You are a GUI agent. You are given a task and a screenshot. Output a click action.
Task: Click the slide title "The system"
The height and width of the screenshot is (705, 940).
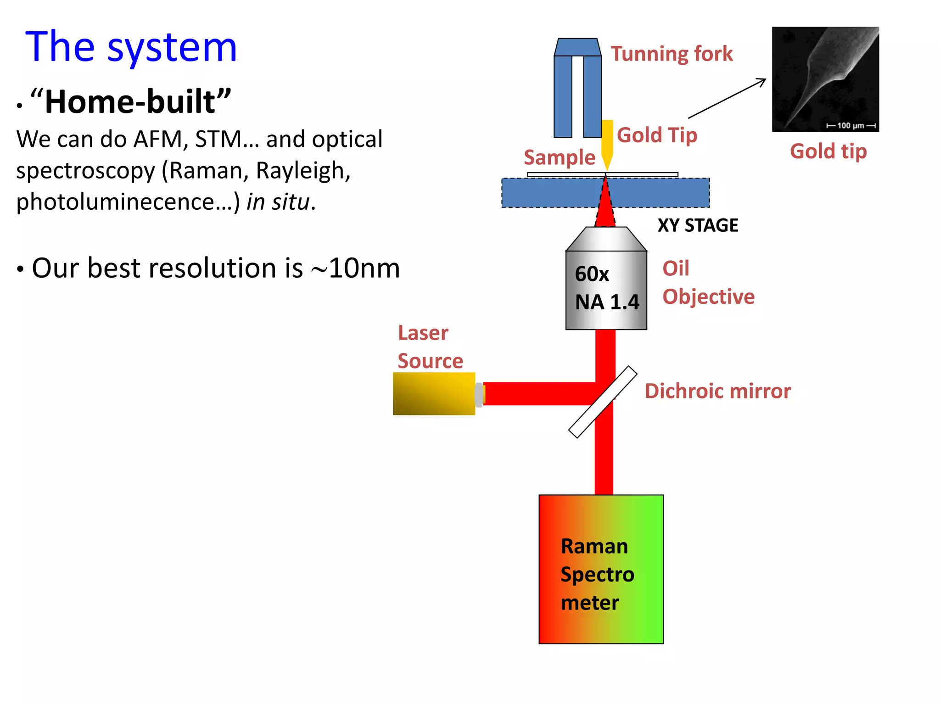(131, 47)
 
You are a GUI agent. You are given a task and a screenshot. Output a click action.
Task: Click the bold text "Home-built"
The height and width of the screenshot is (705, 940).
(130, 102)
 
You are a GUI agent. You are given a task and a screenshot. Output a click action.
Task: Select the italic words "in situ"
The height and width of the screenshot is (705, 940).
(277, 202)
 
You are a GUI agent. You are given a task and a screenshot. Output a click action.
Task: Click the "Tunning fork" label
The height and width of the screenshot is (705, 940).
(671, 54)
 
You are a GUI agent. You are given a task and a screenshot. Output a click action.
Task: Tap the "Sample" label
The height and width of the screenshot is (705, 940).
(559, 157)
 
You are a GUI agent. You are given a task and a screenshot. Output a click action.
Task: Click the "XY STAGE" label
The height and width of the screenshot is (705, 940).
(698, 225)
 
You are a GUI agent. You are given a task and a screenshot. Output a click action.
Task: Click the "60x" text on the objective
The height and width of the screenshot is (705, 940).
(592, 274)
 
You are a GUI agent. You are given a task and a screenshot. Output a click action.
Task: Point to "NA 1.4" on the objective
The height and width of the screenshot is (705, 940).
(607, 302)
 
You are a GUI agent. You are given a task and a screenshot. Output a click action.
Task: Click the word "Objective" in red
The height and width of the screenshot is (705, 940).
(708, 297)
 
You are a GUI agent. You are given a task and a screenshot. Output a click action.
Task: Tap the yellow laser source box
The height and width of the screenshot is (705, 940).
(433, 394)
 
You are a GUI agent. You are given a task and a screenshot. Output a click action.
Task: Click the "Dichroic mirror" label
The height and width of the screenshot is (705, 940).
(717, 391)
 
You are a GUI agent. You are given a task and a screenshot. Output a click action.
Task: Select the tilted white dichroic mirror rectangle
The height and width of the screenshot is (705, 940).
(602, 403)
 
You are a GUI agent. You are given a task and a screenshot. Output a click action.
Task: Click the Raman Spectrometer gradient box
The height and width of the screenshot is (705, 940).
(601, 569)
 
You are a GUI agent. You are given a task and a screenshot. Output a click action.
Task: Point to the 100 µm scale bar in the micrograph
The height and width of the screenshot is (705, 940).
(850, 125)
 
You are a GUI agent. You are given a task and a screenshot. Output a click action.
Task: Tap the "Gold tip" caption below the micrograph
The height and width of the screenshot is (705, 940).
(828, 151)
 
